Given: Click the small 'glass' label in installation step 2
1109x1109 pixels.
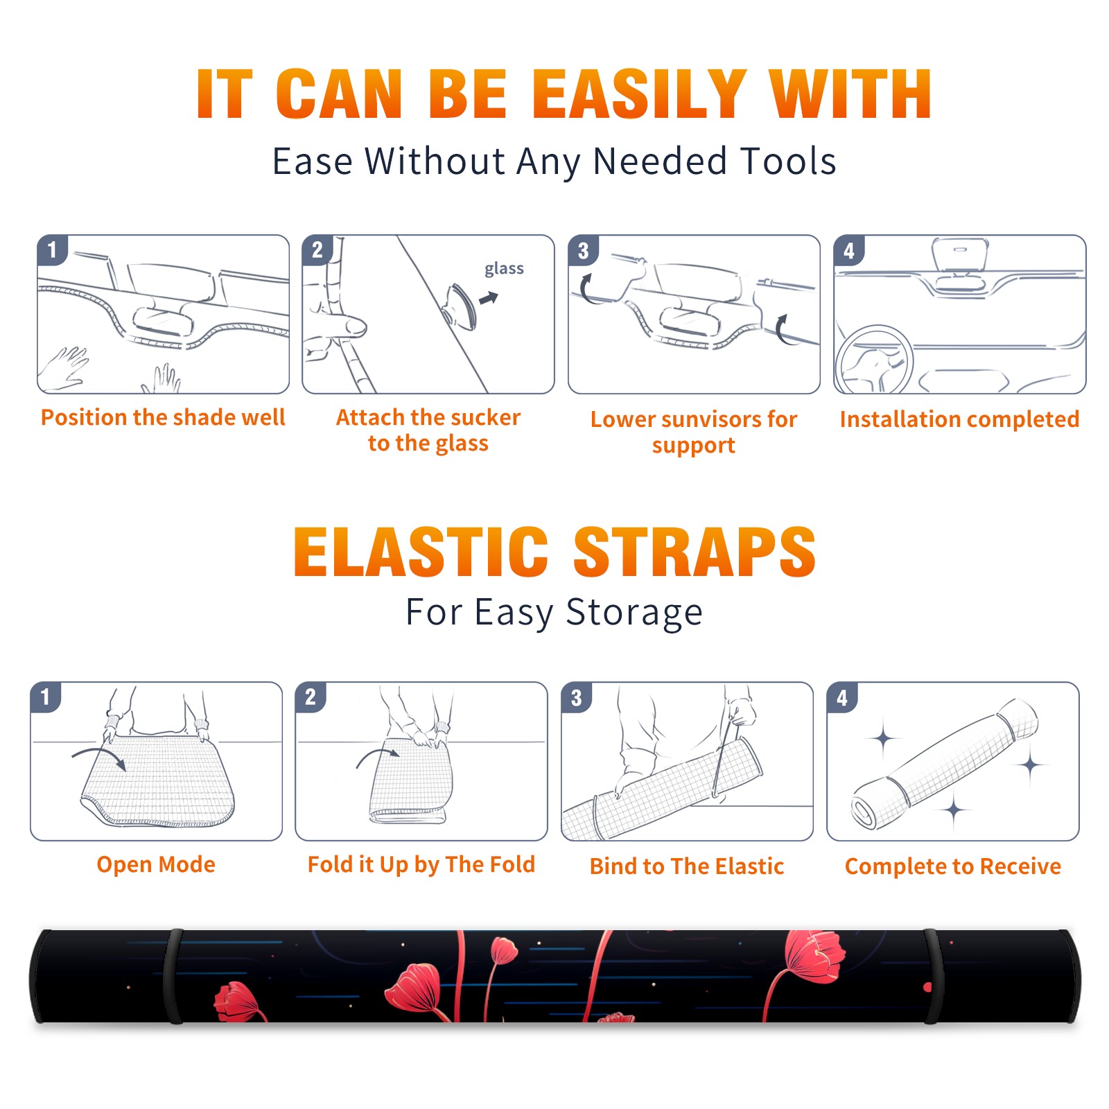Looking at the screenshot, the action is [504, 269].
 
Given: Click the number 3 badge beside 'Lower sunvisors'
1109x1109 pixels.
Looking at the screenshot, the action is [583, 250].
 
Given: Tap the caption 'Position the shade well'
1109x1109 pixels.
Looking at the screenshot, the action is [163, 417].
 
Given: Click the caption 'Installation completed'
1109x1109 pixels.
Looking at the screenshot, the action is [959, 419].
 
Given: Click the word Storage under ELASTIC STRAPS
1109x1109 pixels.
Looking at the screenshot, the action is [634, 613].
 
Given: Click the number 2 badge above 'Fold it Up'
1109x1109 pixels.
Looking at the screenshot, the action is [310, 697].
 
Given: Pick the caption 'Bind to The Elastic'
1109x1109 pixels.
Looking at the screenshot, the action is [687, 866].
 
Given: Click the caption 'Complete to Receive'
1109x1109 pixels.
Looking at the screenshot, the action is [953, 866].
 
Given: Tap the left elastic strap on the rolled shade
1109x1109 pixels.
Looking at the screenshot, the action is [173, 976].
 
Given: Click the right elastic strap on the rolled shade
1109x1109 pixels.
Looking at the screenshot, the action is [932, 976].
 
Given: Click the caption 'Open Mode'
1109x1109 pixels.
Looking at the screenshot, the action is [156, 864].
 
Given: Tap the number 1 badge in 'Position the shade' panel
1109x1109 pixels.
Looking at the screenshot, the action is [52, 250].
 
